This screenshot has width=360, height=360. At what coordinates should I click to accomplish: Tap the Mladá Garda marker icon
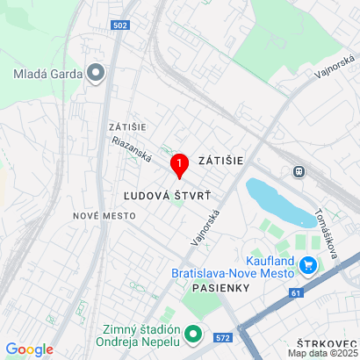point(97,73)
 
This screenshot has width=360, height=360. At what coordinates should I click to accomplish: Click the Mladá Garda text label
point(47,74)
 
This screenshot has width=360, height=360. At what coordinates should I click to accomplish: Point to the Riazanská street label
point(132,152)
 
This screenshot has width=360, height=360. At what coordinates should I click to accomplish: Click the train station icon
point(299,171)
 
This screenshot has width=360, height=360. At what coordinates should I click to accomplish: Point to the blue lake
point(278,201)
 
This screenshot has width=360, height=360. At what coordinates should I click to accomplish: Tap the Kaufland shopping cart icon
point(307,264)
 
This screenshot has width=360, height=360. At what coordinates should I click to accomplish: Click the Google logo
point(29,349)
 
